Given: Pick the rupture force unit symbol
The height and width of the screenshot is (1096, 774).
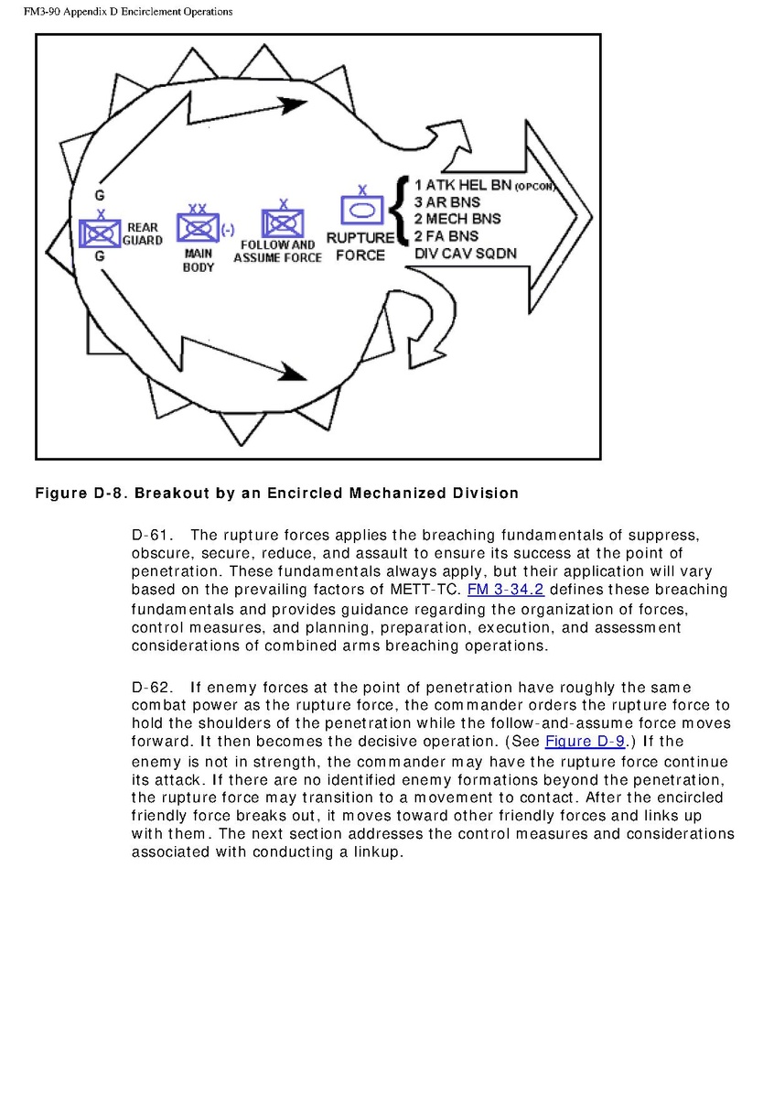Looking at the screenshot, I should (x=361, y=211).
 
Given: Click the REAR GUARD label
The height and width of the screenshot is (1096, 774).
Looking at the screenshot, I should (x=143, y=233).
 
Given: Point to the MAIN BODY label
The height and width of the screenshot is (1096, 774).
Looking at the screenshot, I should (x=199, y=260).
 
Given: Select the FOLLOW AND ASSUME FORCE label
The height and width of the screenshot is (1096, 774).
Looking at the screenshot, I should (x=277, y=252).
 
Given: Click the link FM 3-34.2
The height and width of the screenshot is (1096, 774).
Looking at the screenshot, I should (x=506, y=589).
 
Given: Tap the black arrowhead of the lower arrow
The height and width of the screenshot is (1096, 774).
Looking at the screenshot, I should (x=294, y=372).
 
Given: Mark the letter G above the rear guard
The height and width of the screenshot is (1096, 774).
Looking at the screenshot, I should (x=99, y=195).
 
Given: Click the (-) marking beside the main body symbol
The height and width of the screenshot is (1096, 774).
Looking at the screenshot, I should (x=228, y=229).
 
